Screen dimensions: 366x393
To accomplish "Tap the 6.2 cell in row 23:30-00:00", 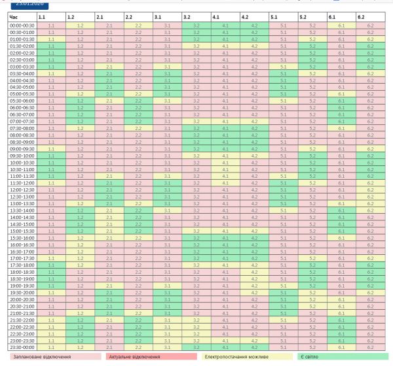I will [x=370, y=347].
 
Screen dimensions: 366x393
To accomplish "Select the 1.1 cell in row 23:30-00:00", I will [x=50, y=347].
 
